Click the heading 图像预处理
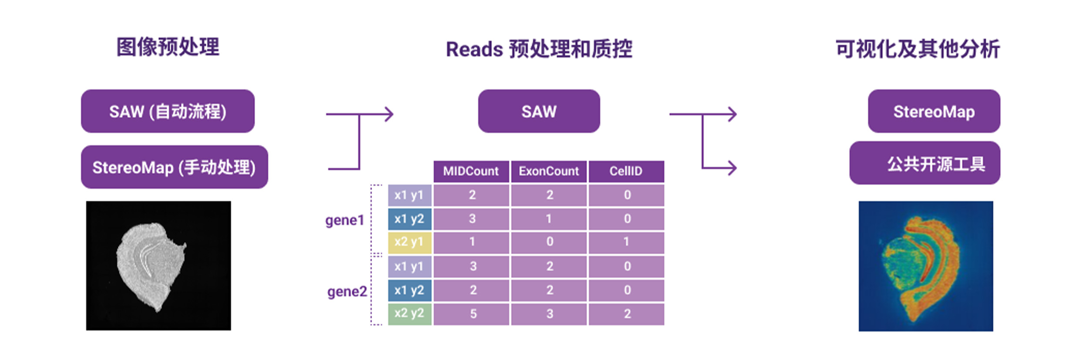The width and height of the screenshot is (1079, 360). (168, 47)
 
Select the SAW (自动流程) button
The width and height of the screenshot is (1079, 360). (168, 111)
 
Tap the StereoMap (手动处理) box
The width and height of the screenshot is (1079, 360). (174, 167)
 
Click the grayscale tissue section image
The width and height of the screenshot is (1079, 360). (158, 266)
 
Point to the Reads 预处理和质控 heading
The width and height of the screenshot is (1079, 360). (539, 49)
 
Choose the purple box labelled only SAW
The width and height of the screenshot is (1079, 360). (539, 111)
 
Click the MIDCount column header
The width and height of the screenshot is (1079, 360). (471, 171)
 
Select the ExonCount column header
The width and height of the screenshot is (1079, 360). (549, 171)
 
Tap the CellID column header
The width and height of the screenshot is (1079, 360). (626, 171)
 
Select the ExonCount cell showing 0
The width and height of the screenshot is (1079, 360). (549, 242)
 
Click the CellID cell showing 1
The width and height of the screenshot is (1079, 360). (626, 242)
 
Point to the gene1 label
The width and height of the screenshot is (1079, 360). (344, 220)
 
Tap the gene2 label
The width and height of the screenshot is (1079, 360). (347, 292)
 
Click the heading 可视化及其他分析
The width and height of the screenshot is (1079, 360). (918, 49)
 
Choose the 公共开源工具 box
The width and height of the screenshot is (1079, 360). (925, 163)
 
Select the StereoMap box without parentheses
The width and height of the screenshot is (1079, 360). (934, 111)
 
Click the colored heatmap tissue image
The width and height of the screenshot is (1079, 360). (926, 266)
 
